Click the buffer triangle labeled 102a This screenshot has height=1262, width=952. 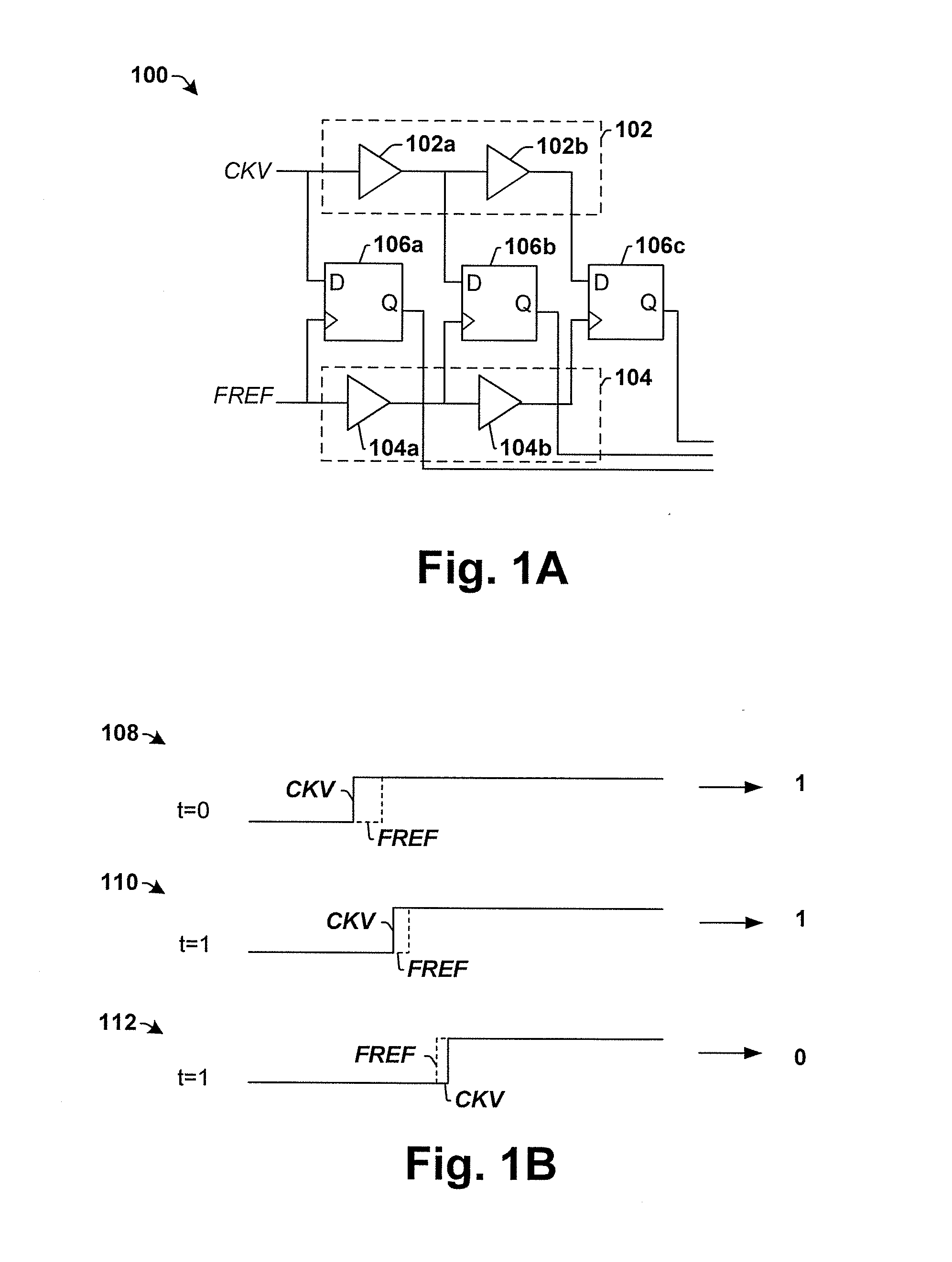point(377,172)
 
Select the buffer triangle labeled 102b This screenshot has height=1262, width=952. point(505,172)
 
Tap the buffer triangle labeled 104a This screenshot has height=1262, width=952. point(365,403)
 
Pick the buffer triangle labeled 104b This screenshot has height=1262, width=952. point(497,403)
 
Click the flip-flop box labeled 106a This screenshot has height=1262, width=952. point(363,302)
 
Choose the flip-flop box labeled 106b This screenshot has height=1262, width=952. point(499,303)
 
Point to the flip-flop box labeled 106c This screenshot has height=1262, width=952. point(626,302)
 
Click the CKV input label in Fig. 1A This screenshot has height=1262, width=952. point(247,171)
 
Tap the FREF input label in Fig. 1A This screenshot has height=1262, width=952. point(244,396)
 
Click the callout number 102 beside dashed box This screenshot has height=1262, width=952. point(634,130)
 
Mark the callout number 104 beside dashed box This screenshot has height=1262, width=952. point(634,378)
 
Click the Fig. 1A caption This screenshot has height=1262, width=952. point(493,569)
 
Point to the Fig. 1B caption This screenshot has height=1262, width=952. point(481,1165)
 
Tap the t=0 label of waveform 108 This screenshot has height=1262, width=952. point(193,810)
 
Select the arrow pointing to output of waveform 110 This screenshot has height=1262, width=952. point(731,922)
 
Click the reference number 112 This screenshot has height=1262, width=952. point(118,1022)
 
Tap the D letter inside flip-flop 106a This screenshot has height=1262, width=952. point(337,282)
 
